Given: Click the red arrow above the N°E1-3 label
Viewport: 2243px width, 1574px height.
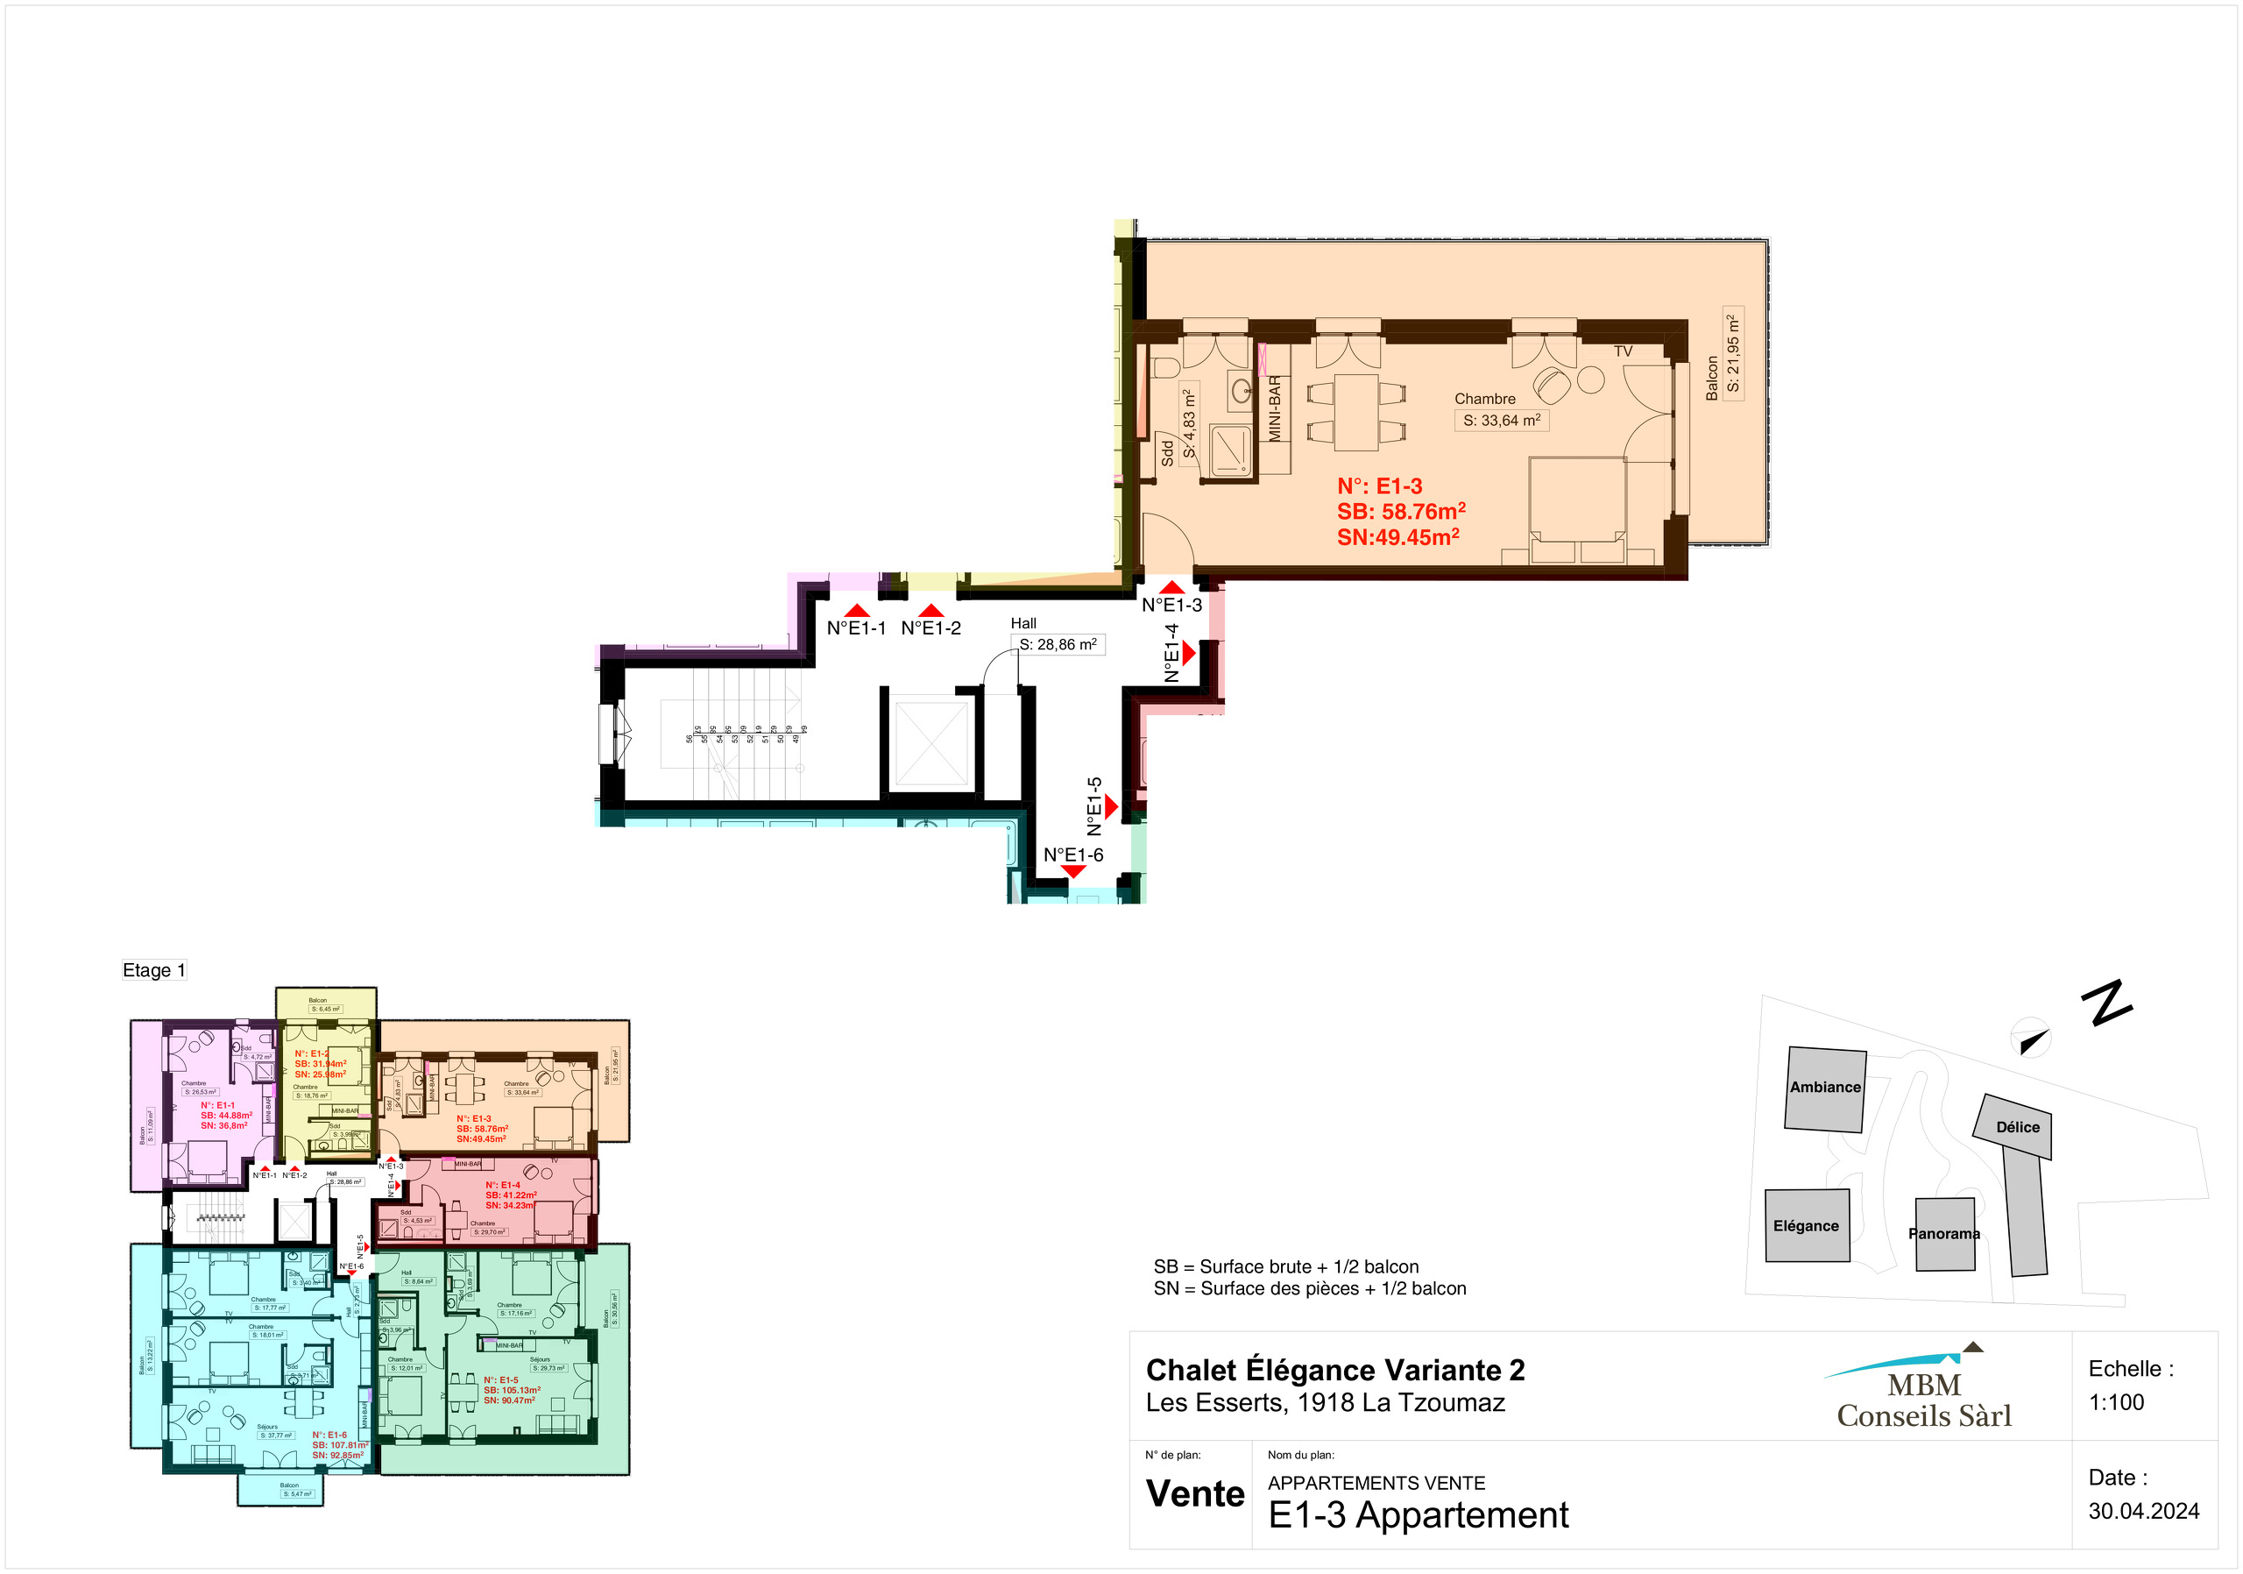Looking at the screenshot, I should [x=1172, y=587].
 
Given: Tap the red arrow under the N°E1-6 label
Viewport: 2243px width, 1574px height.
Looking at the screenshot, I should [x=1072, y=871].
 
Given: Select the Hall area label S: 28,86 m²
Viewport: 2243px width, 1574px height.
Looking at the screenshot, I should [x=1058, y=645].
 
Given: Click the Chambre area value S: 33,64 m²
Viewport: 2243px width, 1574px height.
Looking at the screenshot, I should [x=1502, y=421].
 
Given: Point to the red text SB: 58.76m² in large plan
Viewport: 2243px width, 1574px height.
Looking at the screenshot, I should [x=1401, y=512].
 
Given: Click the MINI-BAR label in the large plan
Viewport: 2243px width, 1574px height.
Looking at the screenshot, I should [x=1275, y=408].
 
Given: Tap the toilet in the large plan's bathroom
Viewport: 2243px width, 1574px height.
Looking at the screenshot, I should [x=1165, y=367].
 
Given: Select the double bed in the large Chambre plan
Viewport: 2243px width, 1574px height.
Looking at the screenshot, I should [x=1577, y=508].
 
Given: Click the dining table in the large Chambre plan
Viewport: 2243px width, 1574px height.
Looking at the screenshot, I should [x=1356, y=411].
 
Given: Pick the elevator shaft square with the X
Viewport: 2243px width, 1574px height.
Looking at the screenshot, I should [x=931, y=742].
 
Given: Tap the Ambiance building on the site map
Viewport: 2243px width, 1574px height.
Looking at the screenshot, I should [x=1825, y=1088].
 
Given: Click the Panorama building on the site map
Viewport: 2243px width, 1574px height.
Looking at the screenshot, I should [x=1944, y=1234].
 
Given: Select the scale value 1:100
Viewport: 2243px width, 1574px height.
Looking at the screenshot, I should [x=2116, y=1402].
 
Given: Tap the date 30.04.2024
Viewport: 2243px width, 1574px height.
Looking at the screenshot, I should [x=2143, y=1511].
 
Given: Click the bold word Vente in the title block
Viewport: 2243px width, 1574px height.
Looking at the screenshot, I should [x=1195, y=1494].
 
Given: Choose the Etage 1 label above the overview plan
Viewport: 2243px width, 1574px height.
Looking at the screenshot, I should [x=153, y=970].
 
